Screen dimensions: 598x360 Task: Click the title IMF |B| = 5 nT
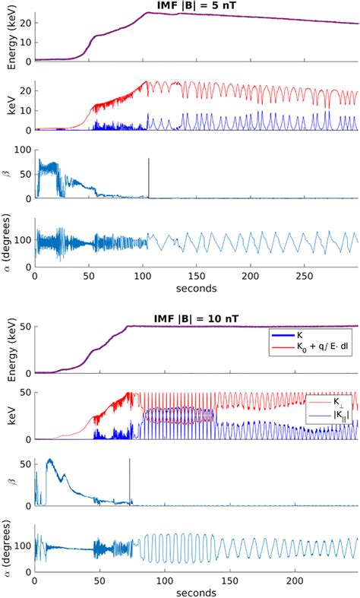[x=197, y=6]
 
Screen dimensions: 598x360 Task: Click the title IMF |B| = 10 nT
[x=197, y=317]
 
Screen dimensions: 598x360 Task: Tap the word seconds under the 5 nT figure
[x=197, y=288]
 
